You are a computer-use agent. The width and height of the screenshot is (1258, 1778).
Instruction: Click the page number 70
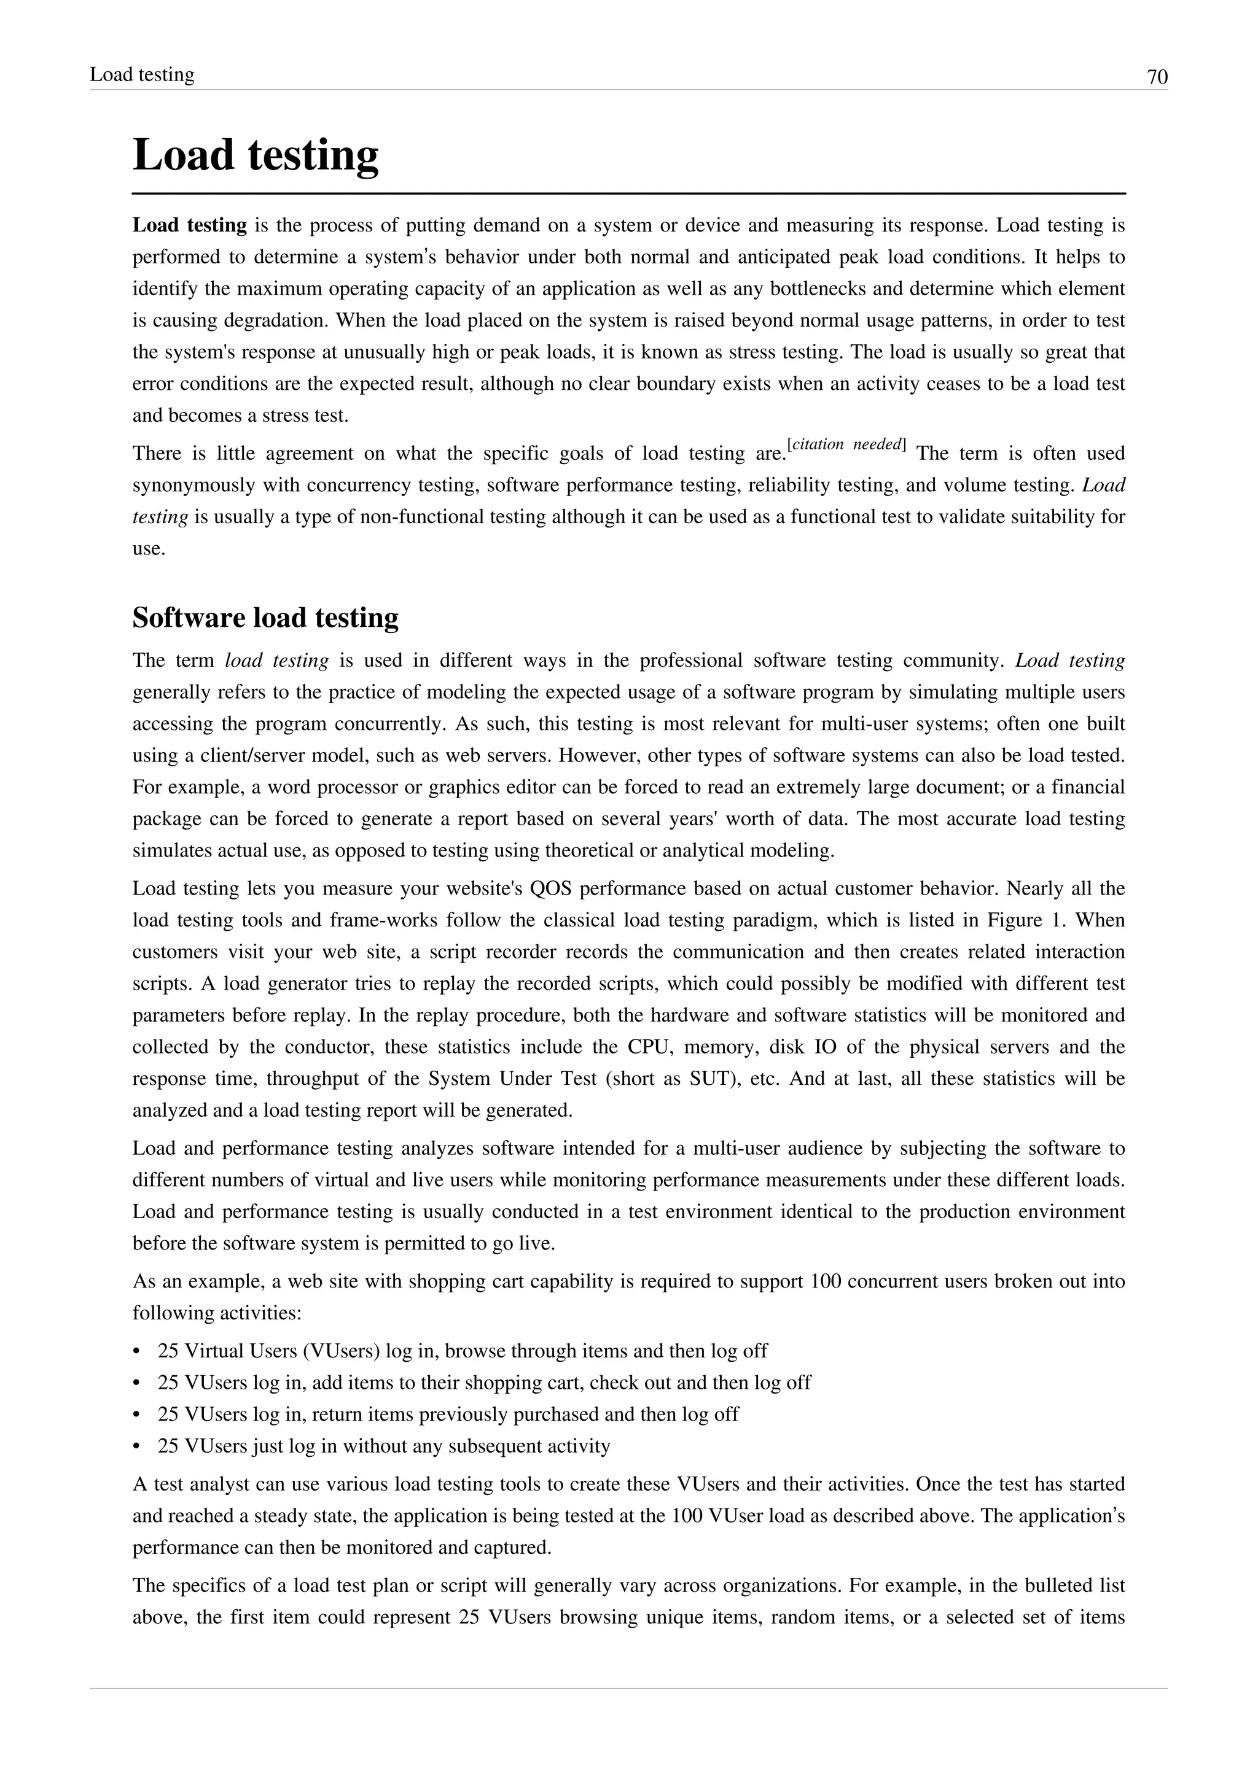click(x=1157, y=77)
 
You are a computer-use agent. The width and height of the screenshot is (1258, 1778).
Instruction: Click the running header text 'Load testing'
click(x=142, y=74)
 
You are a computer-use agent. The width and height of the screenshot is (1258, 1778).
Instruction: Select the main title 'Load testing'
click(x=256, y=155)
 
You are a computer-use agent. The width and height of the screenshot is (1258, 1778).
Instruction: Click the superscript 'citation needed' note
click(x=845, y=444)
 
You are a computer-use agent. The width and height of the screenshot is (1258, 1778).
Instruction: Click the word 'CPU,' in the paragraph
click(x=644, y=1047)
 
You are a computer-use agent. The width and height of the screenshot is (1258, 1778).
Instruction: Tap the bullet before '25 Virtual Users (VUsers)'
click(x=137, y=1351)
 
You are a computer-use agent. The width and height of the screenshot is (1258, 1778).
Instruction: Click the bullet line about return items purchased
click(x=448, y=1415)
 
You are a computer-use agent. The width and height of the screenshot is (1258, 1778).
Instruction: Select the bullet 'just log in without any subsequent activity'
click(x=383, y=1446)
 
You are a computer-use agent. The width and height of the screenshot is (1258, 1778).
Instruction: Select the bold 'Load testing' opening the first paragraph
click(x=189, y=225)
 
